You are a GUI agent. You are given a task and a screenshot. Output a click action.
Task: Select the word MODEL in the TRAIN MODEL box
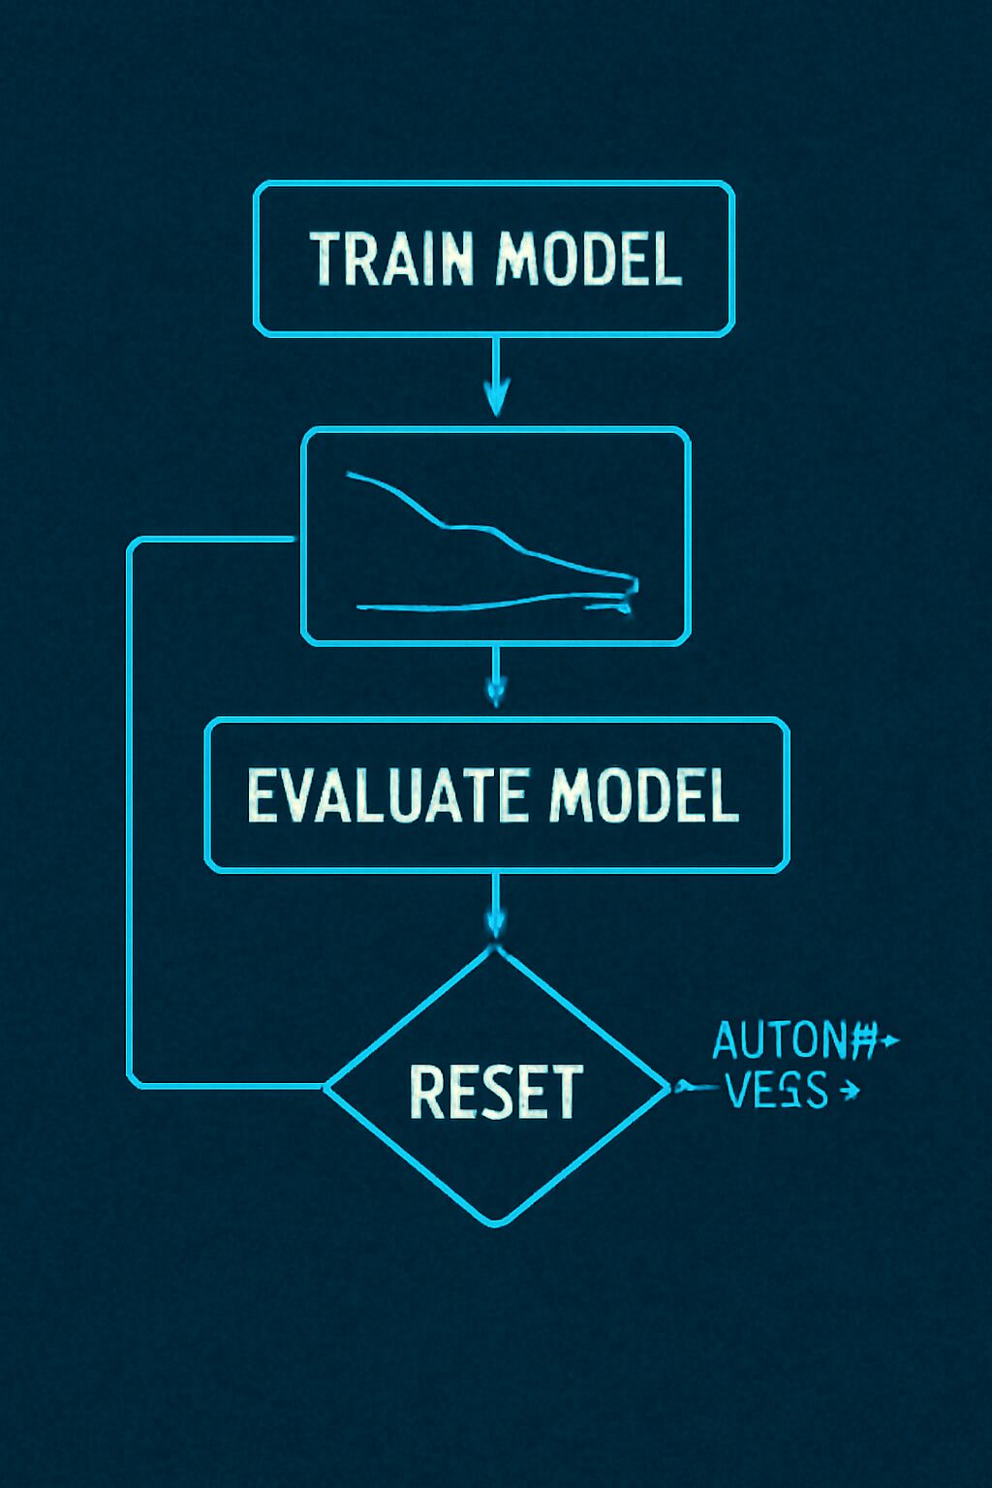[589, 260]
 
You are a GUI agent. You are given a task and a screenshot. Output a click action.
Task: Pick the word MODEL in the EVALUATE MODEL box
[643, 795]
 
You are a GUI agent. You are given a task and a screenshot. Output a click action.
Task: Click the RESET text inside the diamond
[496, 1091]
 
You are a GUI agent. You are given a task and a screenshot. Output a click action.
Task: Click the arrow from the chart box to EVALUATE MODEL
[496, 678]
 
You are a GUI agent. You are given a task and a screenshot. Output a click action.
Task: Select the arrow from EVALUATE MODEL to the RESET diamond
[496, 911]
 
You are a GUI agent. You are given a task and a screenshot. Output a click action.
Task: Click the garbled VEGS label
[776, 1091]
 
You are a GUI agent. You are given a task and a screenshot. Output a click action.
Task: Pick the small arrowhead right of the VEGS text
[851, 1091]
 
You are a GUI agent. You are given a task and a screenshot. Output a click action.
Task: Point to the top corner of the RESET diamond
[496, 949]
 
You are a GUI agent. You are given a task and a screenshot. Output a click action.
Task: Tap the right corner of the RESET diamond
[669, 1087]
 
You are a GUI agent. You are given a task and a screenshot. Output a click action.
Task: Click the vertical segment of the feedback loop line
[129, 814]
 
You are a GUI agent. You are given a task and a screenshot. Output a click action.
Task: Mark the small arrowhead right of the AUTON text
[891, 1041]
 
